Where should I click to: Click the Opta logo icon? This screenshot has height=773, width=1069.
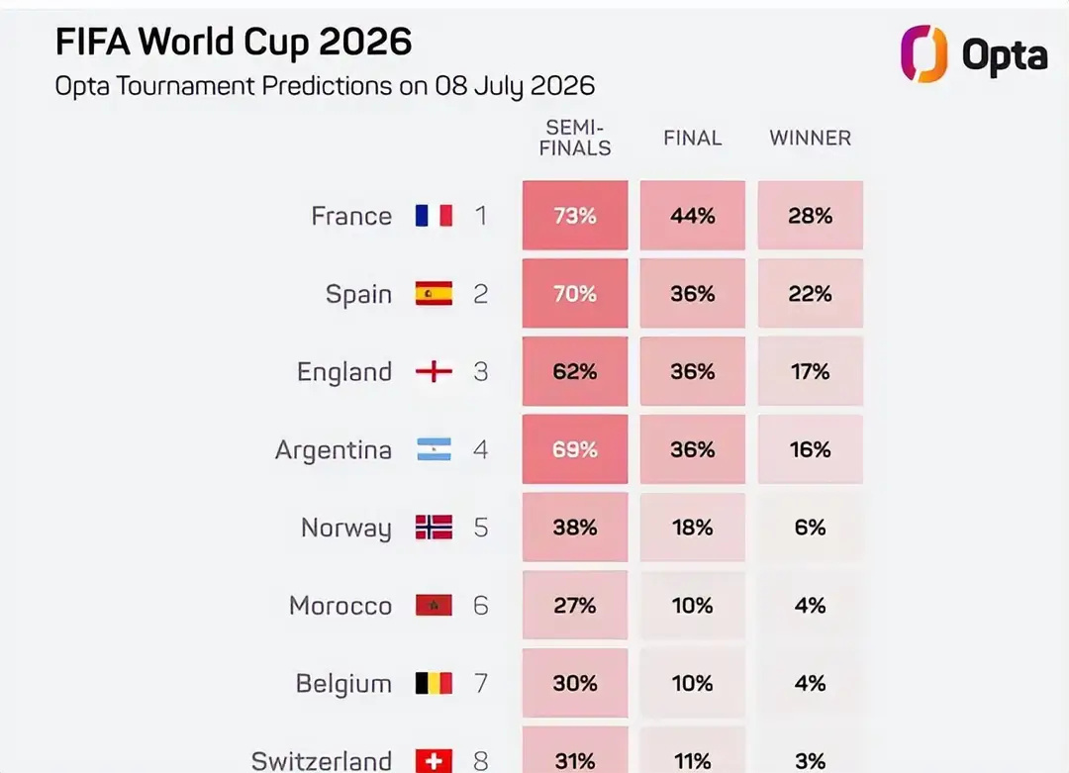[x=923, y=53]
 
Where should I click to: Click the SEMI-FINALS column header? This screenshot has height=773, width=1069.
[x=575, y=138]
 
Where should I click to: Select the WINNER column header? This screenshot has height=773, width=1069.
[x=810, y=138]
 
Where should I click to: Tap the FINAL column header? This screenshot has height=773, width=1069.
[x=693, y=138]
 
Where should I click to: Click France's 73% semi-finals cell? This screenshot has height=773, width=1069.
[x=575, y=216]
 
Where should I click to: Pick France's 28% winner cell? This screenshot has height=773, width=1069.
[x=810, y=216]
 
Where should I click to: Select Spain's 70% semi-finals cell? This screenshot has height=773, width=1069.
[x=575, y=293]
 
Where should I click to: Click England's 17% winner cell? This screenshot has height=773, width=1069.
[x=810, y=371]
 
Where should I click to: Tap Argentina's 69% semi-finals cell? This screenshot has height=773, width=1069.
[x=575, y=449]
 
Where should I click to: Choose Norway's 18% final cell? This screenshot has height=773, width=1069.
[x=693, y=528]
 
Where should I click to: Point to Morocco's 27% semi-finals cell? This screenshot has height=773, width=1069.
[x=575, y=606]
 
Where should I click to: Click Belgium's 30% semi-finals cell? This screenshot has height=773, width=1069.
[x=575, y=683]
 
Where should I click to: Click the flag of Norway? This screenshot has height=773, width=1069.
[x=434, y=528]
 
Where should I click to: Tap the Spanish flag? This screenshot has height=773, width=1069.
[x=434, y=293]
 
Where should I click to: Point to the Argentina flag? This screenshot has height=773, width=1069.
[x=434, y=449]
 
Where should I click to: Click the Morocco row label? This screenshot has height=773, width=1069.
[x=340, y=606]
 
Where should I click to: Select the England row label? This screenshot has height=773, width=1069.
[x=344, y=372]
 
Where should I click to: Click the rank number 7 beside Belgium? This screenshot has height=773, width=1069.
[x=481, y=683]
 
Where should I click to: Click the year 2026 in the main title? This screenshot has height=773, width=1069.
[x=365, y=43]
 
